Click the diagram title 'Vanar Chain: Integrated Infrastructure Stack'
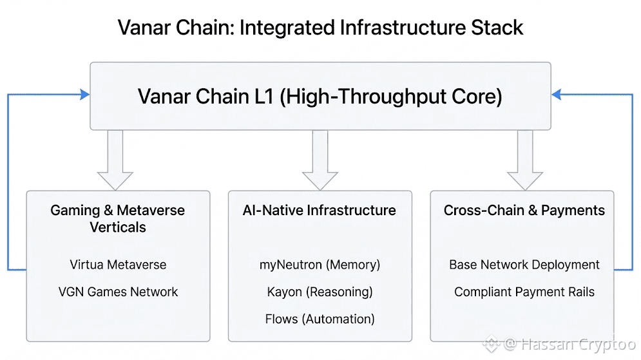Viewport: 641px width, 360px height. [x=320, y=28]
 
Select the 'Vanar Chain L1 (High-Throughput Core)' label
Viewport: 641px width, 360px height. [x=320, y=97]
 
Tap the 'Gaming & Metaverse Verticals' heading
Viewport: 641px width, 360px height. [x=118, y=218]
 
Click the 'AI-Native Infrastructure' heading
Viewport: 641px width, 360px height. [x=320, y=211]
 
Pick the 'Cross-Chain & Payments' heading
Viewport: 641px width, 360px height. [x=524, y=211]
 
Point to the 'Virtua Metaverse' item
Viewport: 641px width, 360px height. [x=118, y=265]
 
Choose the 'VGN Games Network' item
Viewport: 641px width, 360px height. [x=118, y=292]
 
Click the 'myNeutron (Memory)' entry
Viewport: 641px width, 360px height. [x=320, y=265]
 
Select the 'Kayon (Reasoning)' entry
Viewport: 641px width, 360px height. [x=320, y=292]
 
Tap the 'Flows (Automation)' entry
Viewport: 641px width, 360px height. [x=320, y=319]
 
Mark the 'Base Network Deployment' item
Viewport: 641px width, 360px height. [x=524, y=265]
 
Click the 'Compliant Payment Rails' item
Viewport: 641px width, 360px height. [x=524, y=292]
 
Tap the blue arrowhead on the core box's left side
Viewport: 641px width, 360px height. [x=84, y=95]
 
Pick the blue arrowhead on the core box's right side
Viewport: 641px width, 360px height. [x=556, y=95]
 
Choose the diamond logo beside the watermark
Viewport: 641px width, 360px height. [x=492, y=344]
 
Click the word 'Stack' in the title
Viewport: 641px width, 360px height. [x=497, y=28]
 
